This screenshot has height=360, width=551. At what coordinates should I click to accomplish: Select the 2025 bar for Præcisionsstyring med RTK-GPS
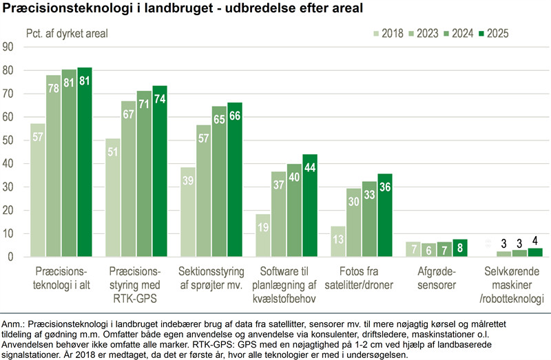pos(160,171)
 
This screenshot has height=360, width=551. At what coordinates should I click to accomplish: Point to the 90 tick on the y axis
pos(10,47)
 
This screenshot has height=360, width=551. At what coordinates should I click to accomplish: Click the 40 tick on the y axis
pos(10,164)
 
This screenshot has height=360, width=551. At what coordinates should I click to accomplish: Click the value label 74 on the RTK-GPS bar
pos(160,99)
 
